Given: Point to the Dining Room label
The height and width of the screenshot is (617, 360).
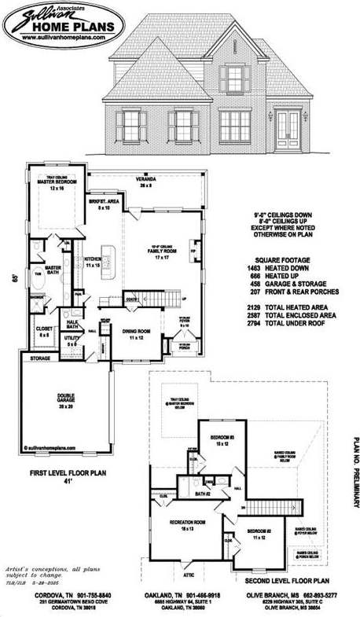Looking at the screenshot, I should [x=136, y=332].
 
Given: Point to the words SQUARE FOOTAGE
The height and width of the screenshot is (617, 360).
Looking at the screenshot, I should [x=283, y=259].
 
